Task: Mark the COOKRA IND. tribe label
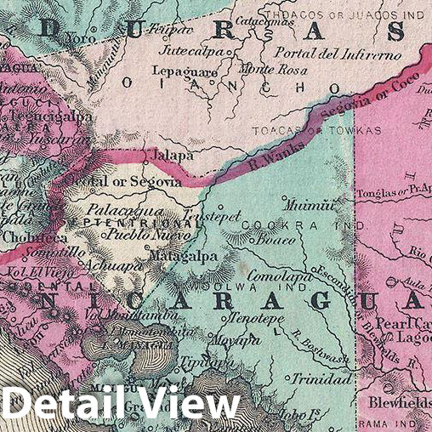tap(303, 225)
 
